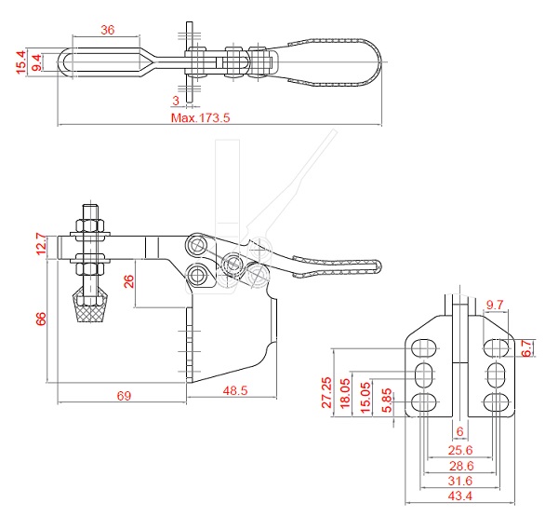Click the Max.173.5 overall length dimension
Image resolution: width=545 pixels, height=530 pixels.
tap(200, 117)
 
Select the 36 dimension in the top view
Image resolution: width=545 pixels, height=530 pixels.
tap(107, 30)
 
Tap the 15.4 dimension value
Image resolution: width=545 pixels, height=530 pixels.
tap(21, 62)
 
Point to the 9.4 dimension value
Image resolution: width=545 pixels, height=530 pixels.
tap(36, 62)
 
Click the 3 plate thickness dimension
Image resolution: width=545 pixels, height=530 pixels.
tap(176, 101)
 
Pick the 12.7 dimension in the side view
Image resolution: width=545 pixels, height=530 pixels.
tap(41, 244)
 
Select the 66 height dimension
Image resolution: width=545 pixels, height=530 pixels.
tap(41, 319)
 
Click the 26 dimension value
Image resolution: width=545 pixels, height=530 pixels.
tap(129, 281)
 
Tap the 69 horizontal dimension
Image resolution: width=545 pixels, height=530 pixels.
tap(124, 396)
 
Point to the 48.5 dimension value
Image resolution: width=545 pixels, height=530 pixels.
tap(235, 390)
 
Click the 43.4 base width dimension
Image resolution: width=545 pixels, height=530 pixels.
tap(459, 496)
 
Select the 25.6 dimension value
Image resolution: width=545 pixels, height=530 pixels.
tap(460, 450)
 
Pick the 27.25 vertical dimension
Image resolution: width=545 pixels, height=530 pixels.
tap(326, 392)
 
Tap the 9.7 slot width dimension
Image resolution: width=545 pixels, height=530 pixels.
tap(495, 305)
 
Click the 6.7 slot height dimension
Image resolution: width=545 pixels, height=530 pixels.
tap(527, 348)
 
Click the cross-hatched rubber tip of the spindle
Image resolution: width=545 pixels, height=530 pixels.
tap(90, 308)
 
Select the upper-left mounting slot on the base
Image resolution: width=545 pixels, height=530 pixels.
tap(424, 347)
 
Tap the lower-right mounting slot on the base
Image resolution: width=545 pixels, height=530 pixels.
tap(496, 402)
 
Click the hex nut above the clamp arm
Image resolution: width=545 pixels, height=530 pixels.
tap(90, 225)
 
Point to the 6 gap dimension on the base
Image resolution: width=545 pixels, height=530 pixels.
tap(459, 432)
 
